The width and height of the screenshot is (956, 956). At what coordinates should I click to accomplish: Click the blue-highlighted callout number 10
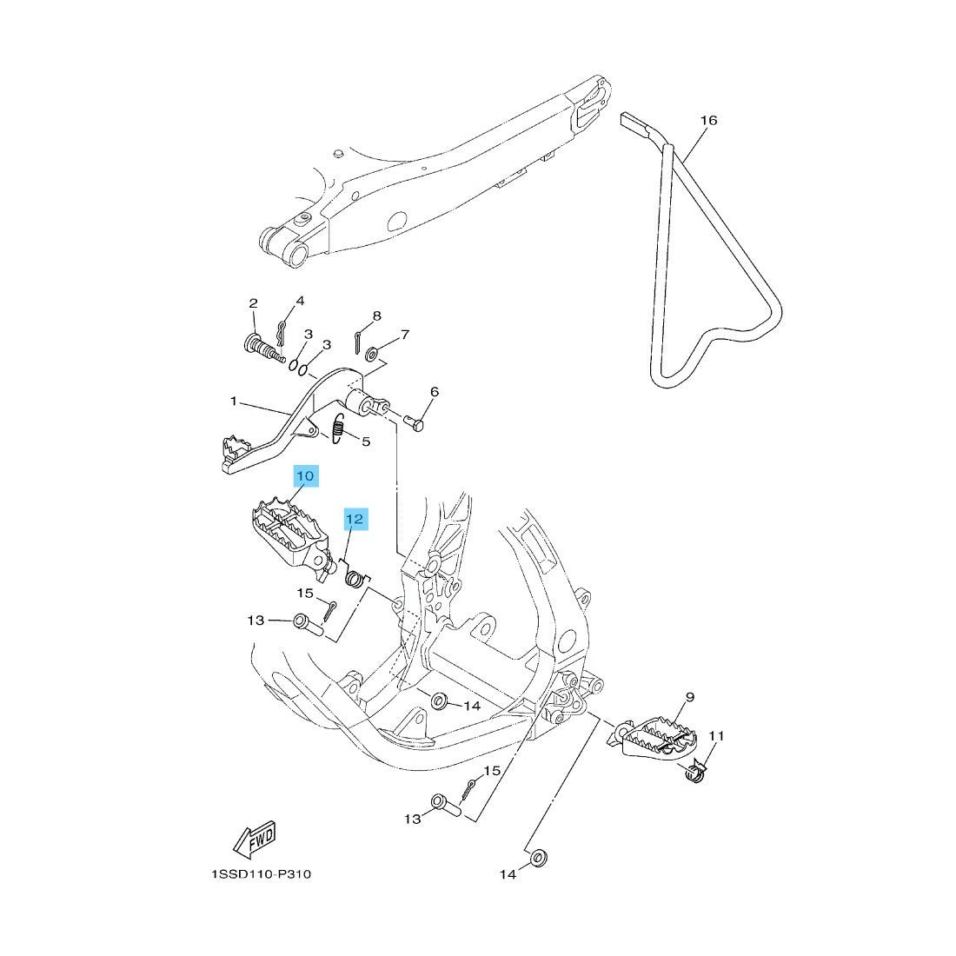click(305, 475)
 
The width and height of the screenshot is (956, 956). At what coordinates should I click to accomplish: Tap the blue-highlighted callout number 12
click(355, 520)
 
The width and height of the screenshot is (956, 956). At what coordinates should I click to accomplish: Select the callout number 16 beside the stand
click(708, 120)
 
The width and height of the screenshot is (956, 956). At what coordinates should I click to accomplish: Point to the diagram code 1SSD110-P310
click(261, 874)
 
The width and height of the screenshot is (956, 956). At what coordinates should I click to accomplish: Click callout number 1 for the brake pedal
click(233, 402)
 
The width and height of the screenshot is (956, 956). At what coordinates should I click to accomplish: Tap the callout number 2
click(254, 303)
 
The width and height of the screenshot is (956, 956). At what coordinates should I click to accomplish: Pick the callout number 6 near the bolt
click(434, 391)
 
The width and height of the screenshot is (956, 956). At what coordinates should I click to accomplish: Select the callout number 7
click(405, 334)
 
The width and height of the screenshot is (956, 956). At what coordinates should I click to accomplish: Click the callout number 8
click(377, 315)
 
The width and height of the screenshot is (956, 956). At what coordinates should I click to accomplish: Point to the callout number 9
click(689, 697)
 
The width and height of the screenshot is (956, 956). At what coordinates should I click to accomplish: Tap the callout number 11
click(716, 736)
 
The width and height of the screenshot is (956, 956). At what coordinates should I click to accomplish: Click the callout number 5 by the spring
click(366, 441)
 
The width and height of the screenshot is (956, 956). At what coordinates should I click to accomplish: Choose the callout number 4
click(300, 301)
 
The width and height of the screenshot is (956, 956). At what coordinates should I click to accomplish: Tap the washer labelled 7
click(371, 354)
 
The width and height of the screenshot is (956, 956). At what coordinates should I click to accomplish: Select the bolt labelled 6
click(415, 422)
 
